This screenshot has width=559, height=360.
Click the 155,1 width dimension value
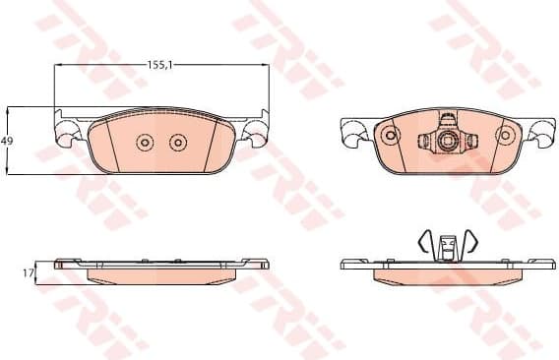(161, 64)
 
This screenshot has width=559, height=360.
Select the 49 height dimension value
(8, 142)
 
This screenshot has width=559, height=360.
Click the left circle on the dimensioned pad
(144, 143)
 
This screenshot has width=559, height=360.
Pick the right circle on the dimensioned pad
(177, 143)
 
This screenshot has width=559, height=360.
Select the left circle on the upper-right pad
(390, 135)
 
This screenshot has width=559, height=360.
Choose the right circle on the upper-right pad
(503, 135)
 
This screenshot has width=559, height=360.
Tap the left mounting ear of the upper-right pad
(351, 131)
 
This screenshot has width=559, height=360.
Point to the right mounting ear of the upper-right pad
(541, 131)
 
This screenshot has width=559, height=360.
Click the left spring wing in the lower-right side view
(425, 240)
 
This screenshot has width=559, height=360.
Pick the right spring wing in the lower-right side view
(469, 240)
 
